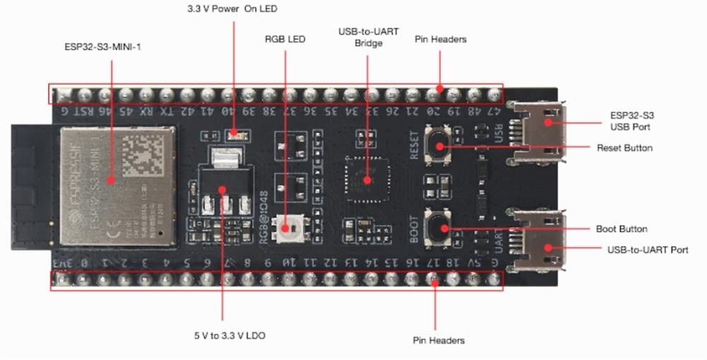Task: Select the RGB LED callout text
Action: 285,39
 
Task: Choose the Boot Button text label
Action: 622,229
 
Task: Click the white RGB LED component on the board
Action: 287,228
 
